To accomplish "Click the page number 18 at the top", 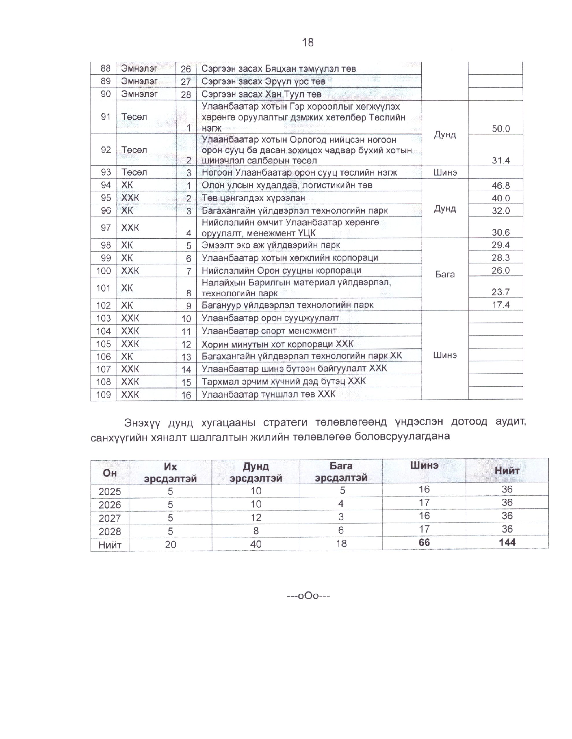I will (307, 43).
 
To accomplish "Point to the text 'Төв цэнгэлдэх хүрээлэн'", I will (253, 198).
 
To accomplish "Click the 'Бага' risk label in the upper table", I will (445, 275).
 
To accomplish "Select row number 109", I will (104, 395).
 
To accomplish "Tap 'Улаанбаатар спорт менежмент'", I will (269, 331).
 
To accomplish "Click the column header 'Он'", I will (110, 473).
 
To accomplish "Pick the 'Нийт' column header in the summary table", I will (507, 470).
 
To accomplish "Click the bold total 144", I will (507, 542).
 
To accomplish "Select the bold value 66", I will (424, 542).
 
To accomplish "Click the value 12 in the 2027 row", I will (256, 517).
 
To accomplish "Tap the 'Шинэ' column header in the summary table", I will (424, 466).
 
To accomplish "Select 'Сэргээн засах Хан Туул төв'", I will (261, 94).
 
